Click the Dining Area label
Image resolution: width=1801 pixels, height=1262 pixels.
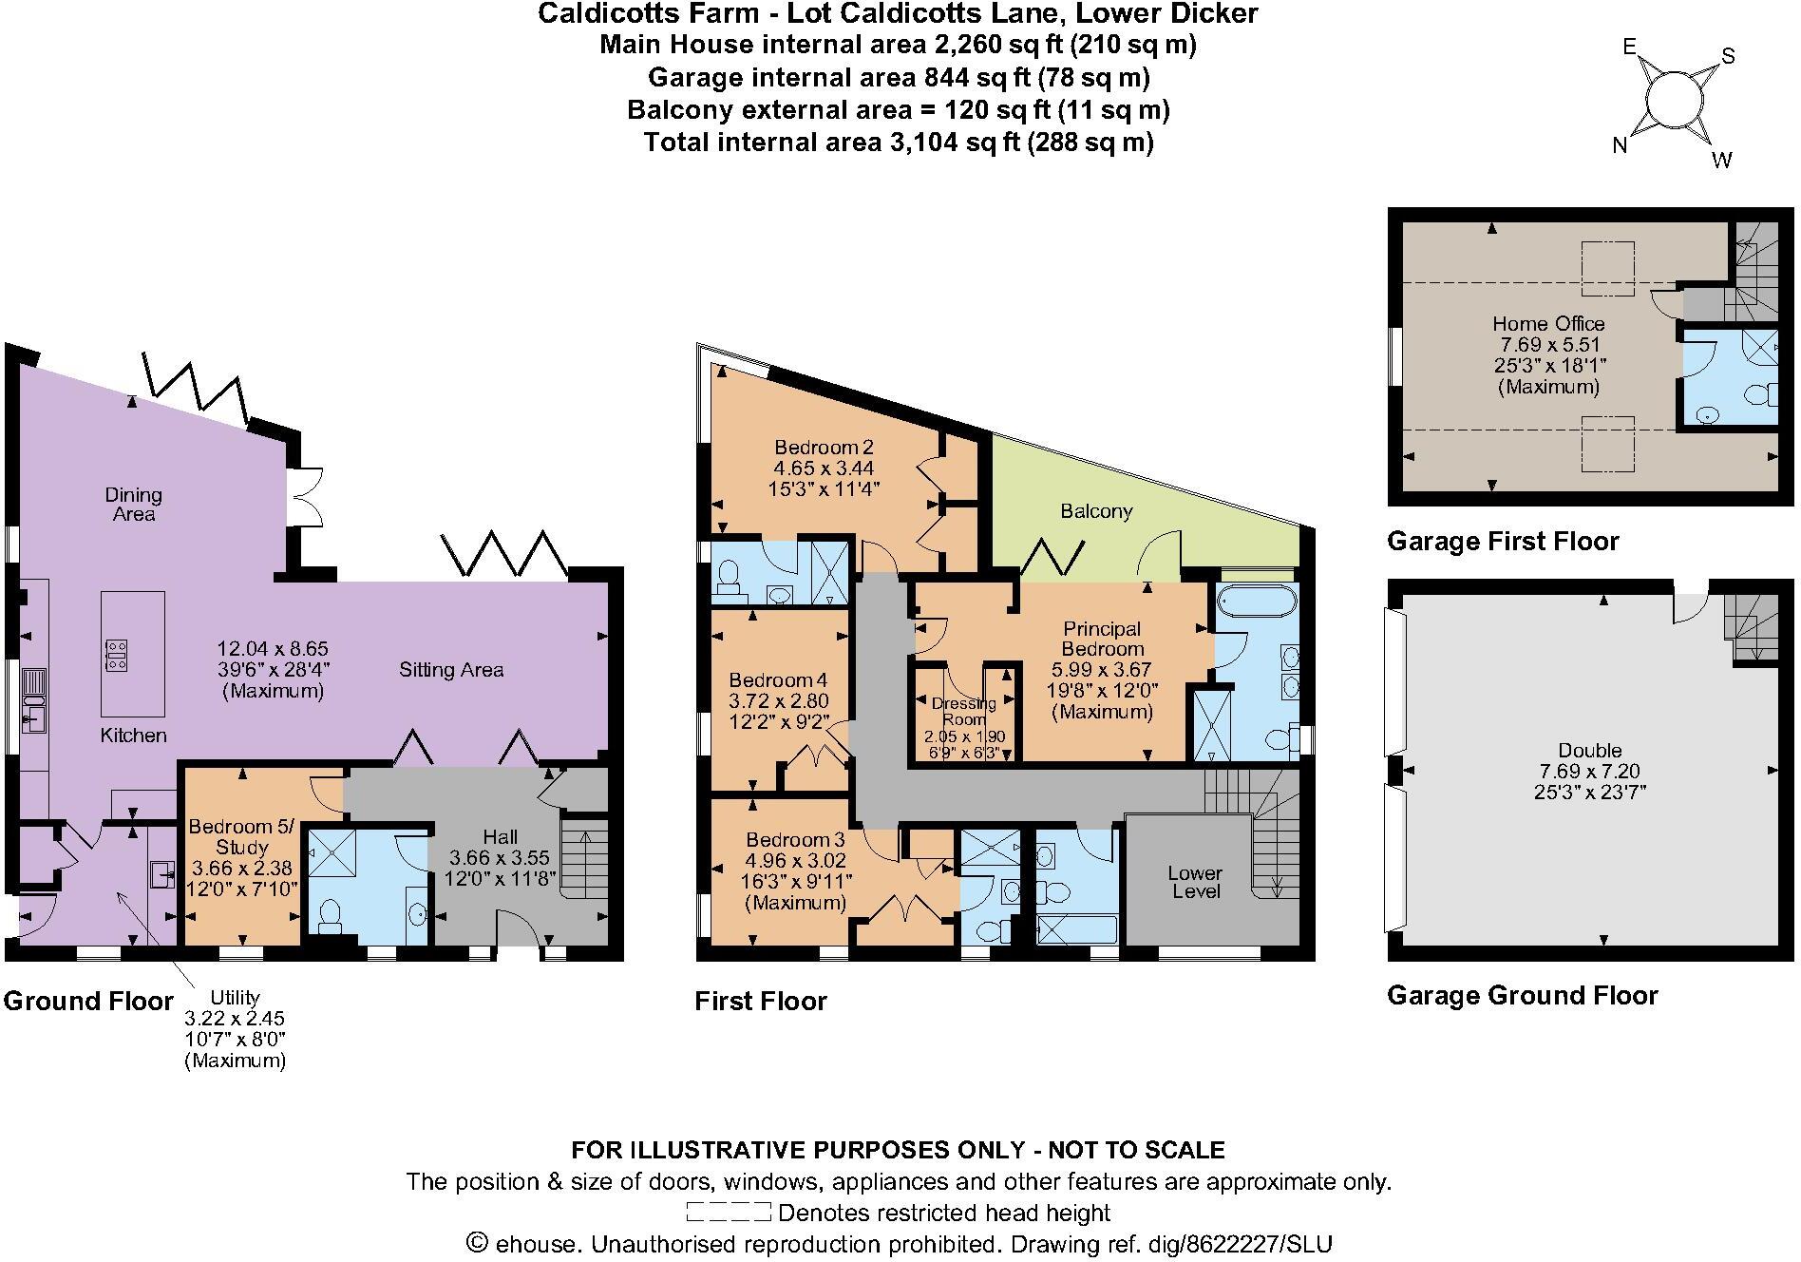point(133,504)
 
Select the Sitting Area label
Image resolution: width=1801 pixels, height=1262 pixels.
point(450,670)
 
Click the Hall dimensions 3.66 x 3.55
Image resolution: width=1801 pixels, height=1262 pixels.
point(500,857)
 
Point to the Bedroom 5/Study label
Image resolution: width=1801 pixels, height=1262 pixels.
point(241,836)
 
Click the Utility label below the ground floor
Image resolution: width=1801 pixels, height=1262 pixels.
point(235,997)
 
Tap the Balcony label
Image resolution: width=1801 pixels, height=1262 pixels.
point(1096,511)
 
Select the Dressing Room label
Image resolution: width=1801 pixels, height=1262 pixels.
point(963,711)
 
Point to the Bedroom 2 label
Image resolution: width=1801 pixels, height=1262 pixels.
point(824,448)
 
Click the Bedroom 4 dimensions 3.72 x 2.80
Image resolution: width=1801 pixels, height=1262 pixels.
point(778,701)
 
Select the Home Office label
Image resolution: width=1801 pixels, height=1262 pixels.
point(1548,323)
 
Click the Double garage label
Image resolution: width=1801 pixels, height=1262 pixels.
point(1589,750)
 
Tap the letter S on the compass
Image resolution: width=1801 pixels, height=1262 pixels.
point(1728,56)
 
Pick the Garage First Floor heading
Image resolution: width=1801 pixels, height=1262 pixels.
point(1503,542)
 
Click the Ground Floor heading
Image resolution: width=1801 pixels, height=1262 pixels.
point(88,1001)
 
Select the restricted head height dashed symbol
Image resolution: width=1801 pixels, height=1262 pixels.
point(728,1213)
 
